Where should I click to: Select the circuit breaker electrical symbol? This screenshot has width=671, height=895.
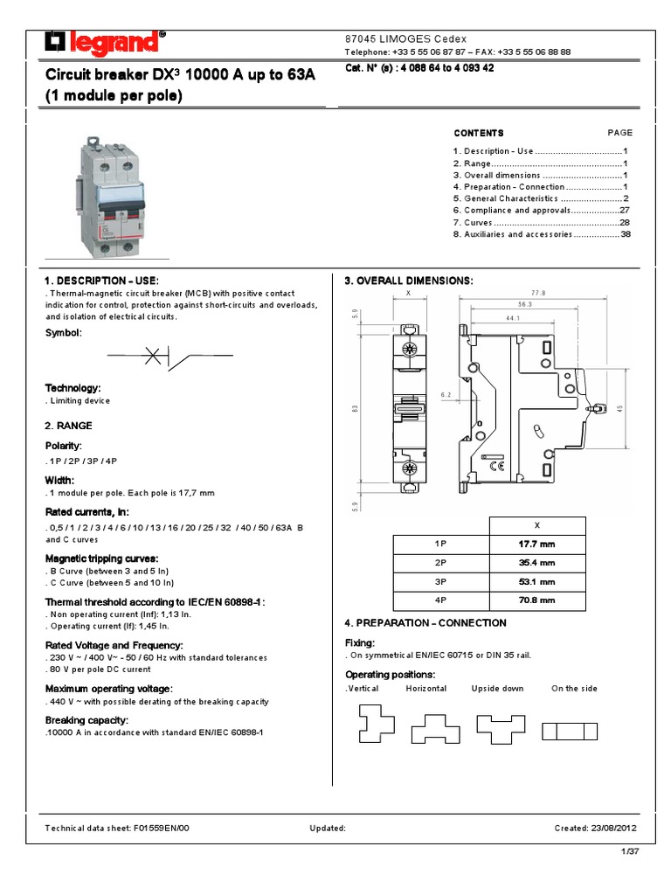coord(169,356)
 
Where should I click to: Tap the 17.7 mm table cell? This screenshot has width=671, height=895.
coord(536,544)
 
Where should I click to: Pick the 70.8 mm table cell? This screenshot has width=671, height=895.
coord(536,601)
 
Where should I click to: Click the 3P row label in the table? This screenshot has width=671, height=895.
coord(440,582)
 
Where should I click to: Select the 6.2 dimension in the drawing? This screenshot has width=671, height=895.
coord(445,395)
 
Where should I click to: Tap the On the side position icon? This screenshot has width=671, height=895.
coord(570,732)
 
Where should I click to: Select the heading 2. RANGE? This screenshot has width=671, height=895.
coord(68,426)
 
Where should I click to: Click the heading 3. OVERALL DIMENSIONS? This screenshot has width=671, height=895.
coord(409,281)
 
